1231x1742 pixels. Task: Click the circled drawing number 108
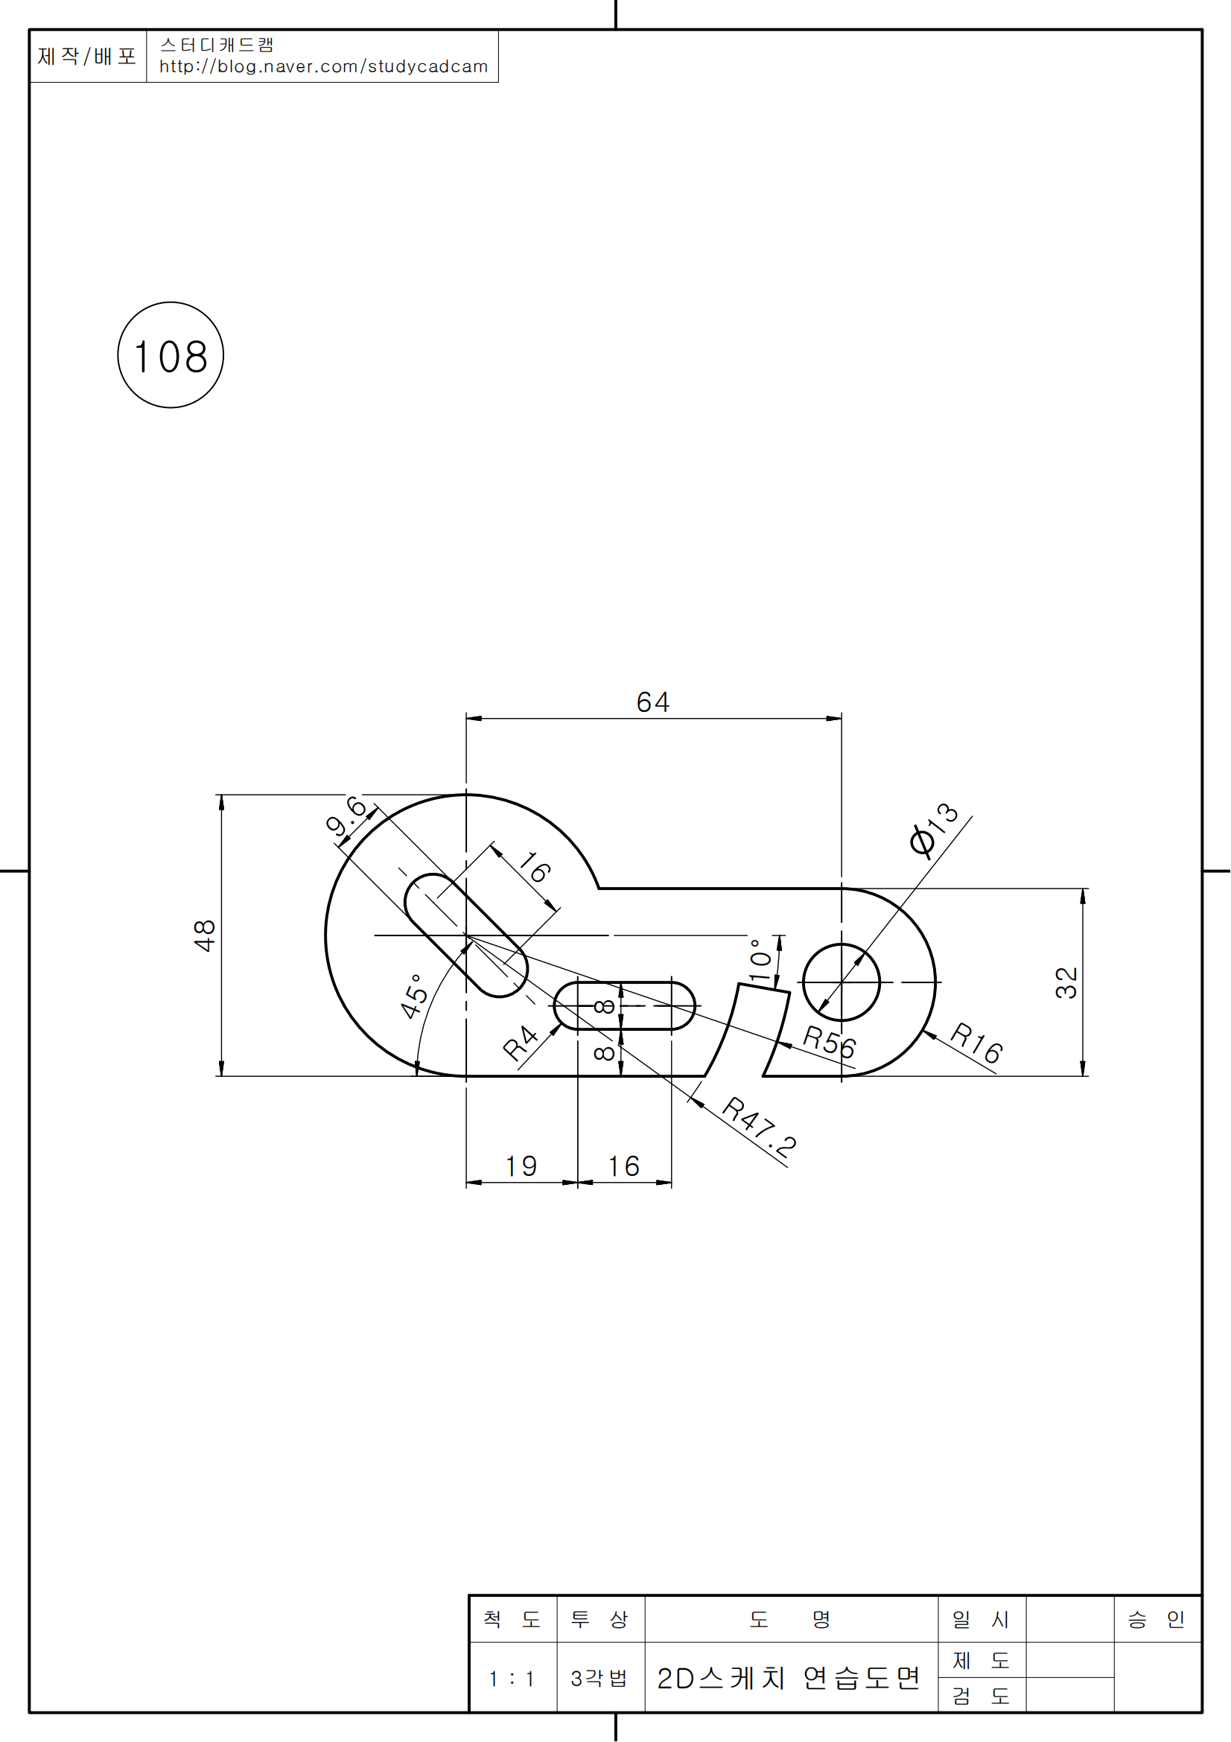[x=171, y=355]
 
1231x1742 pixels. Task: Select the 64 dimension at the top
[x=653, y=702]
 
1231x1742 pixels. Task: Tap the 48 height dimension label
[x=205, y=935]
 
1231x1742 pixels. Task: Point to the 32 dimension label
[x=1066, y=982]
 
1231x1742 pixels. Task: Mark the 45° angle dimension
[x=414, y=996]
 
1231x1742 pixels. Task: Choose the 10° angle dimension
[x=760, y=961]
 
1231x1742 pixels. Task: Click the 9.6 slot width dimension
[x=346, y=816]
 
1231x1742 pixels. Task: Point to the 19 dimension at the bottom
[x=521, y=1166]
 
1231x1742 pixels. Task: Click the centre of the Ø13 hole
[x=841, y=982]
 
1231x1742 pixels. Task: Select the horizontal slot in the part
[x=624, y=1006]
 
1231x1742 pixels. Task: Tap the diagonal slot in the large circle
[x=465, y=935]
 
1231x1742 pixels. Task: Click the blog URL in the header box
[x=323, y=67]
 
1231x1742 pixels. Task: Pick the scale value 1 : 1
[x=512, y=1678]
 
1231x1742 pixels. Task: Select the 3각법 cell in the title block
[x=599, y=1678]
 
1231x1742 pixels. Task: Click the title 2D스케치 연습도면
[x=789, y=1678]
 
